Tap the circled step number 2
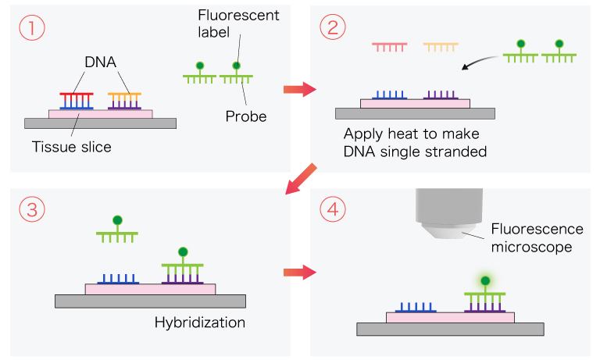pos(332,28)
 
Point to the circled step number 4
pos(332,209)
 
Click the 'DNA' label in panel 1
pos(101,62)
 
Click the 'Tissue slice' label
pos(72,146)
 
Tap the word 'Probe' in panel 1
pos(246,117)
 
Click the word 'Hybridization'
pos(200,323)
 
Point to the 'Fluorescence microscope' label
pos(537,237)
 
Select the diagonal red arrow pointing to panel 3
pos(301,179)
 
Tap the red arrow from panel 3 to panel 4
pos(298,273)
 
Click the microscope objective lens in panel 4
pos(441,227)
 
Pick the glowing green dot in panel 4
pos(484,280)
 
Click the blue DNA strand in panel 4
pos(418,308)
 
